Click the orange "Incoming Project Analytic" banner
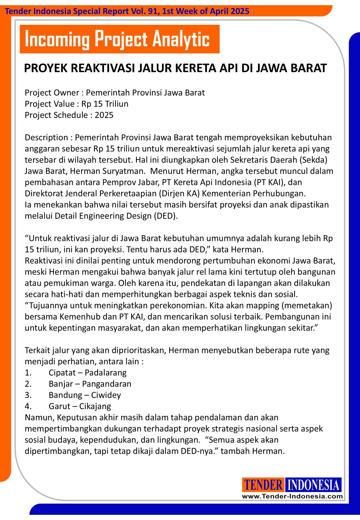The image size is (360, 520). point(119,39)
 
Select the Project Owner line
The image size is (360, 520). point(114,93)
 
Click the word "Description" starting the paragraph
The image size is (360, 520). point(46,138)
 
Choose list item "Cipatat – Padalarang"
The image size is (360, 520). point(88,373)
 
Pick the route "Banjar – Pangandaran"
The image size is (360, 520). point(90,384)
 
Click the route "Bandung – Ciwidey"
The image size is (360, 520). point(85,395)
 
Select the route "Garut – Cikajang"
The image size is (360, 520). point(80,406)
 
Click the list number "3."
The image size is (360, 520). point(28,395)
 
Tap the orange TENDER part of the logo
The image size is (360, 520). point(263,485)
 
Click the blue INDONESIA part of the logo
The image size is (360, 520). point(313,485)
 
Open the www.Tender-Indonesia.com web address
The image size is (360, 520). point(292,496)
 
